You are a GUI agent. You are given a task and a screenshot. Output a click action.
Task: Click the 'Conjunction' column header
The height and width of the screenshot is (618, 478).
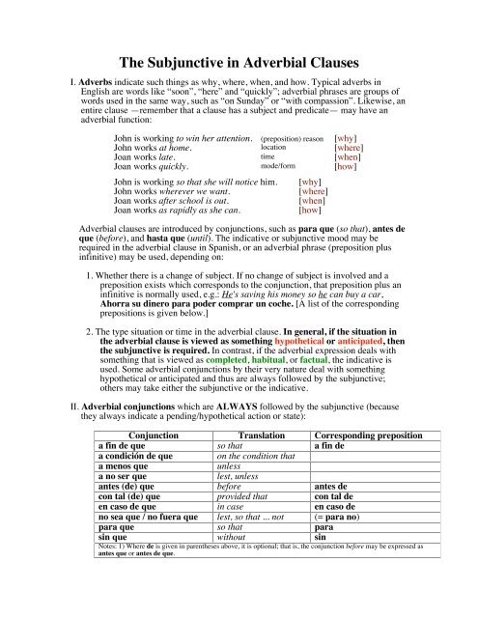[x=156, y=436]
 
